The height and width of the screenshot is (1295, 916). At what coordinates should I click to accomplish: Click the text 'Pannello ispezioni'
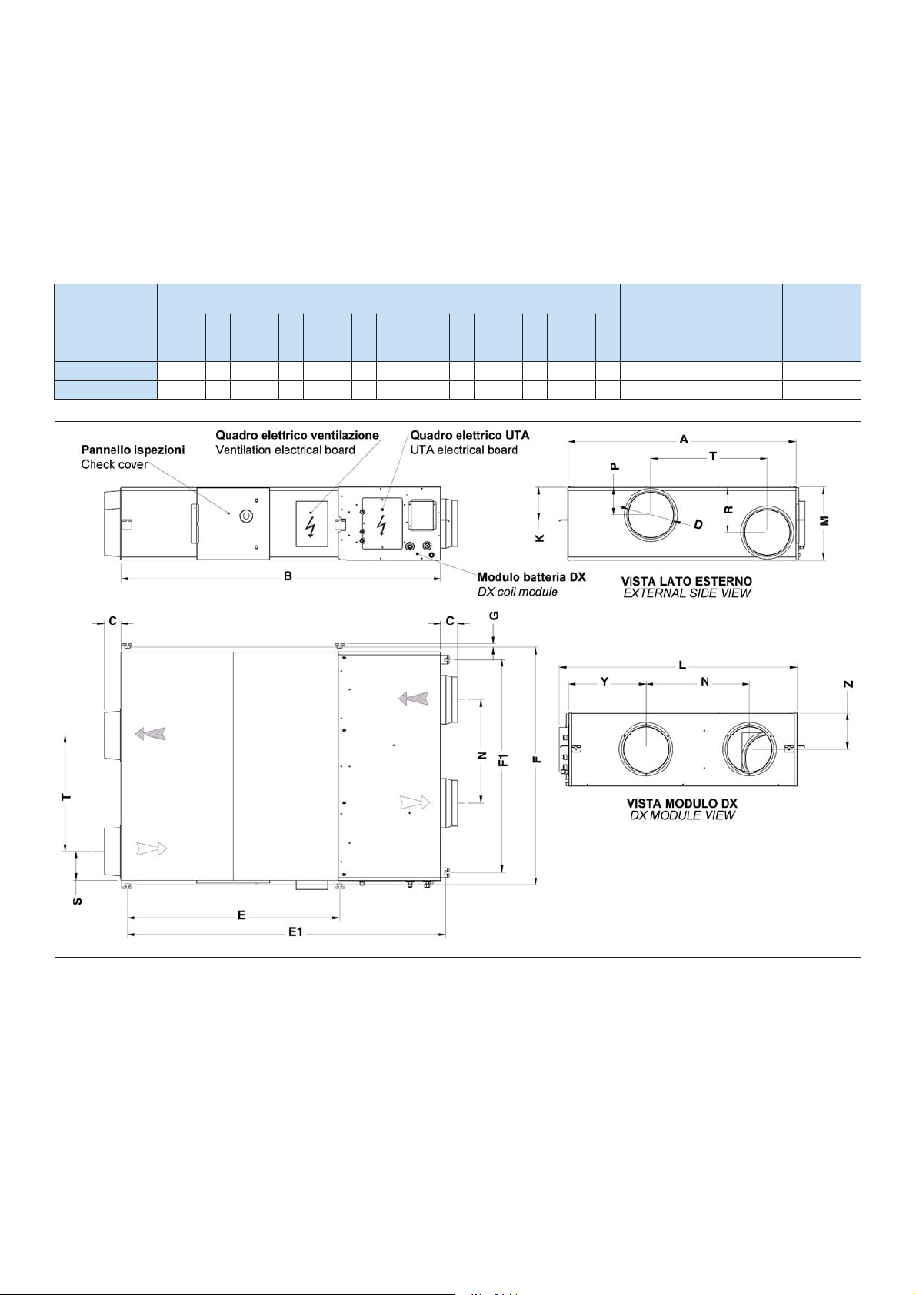133,450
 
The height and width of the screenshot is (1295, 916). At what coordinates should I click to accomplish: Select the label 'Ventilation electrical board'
285,450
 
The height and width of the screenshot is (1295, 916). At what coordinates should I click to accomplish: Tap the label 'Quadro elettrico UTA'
470,435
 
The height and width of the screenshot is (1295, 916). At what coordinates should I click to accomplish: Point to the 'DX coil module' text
518,592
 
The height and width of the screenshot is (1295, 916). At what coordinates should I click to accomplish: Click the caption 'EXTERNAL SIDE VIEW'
687,593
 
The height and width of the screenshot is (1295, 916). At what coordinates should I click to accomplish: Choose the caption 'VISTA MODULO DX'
682,804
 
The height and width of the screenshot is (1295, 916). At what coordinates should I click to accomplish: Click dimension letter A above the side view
684,440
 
